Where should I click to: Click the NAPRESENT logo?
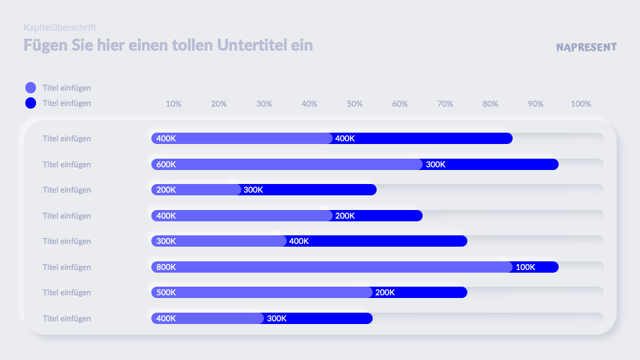click(x=586, y=47)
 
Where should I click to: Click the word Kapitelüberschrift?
click(x=60, y=27)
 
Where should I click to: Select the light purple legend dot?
click(x=31, y=87)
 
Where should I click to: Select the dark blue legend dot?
click(x=31, y=103)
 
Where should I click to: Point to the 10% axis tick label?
click(x=173, y=104)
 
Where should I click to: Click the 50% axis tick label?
click(x=355, y=104)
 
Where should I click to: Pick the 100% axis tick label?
click(x=581, y=104)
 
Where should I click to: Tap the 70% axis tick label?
click(x=445, y=104)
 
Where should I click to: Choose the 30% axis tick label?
click(x=264, y=104)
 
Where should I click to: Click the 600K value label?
click(x=166, y=165)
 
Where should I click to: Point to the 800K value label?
click(x=166, y=267)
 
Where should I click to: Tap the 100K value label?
click(x=525, y=267)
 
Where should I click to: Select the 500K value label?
click(x=166, y=293)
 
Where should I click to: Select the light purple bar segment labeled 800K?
click(x=333, y=267)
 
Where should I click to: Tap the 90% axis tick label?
click(x=536, y=104)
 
